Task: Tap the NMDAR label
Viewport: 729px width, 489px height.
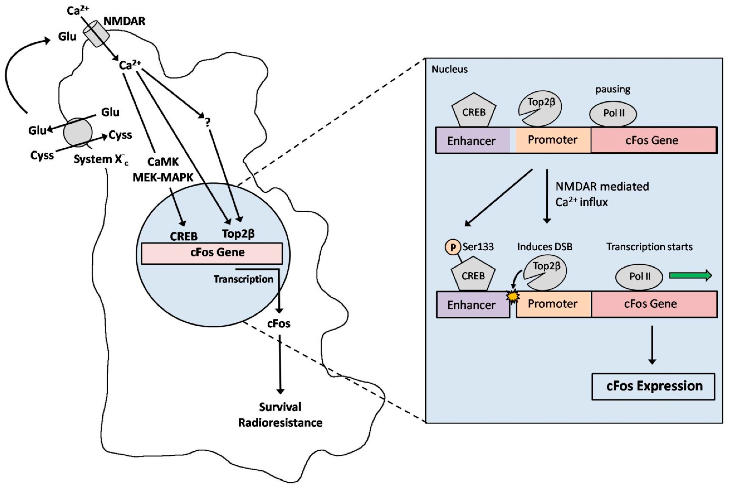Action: coord(124,21)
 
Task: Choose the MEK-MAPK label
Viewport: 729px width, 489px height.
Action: coord(163,177)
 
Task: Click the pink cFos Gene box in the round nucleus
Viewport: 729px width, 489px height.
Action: coord(212,253)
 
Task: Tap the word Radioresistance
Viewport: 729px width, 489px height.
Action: coord(280,423)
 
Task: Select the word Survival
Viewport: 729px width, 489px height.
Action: coord(280,407)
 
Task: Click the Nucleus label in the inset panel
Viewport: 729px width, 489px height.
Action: coord(449,69)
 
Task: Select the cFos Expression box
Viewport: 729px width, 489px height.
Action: coord(653,386)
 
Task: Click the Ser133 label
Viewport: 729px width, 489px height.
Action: coord(478,247)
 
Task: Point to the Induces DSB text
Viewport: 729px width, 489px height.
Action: coord(545,247)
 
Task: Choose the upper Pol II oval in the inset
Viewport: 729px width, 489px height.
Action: coord(613,113)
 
